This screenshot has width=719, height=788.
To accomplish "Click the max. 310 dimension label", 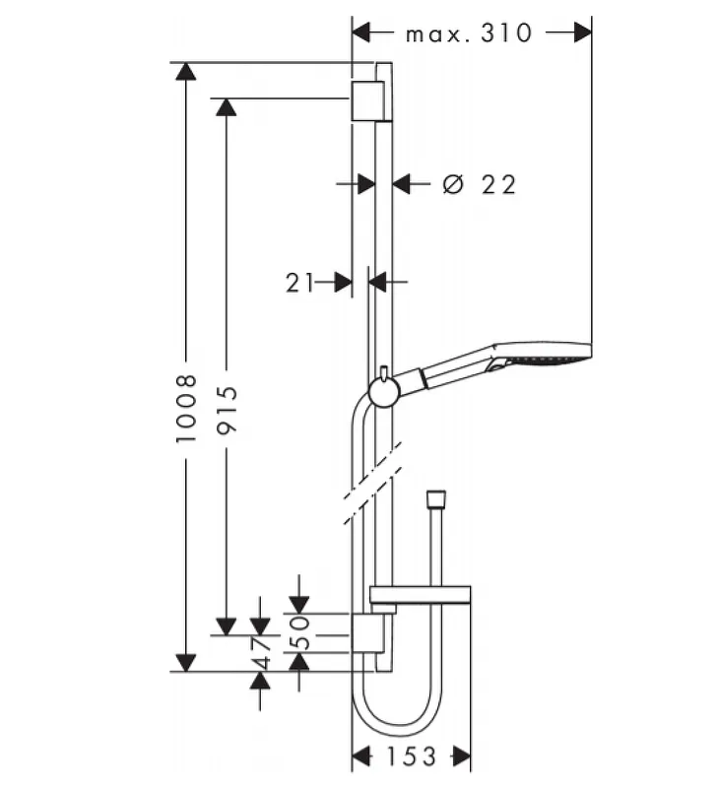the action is pos(468,33).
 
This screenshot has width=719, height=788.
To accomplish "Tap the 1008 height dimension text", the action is pos(186,408).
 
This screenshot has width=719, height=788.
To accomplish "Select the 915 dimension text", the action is pos(227,410).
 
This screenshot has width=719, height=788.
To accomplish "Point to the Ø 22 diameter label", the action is pos(480,184).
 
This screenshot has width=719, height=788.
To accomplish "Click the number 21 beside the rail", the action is pos(300,283).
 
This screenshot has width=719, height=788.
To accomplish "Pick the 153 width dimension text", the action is pos(411,756).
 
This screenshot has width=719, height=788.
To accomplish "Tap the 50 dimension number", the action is pos(299,632).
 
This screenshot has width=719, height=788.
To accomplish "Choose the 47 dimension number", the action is pos(261,653).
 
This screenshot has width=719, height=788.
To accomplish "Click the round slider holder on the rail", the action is pos(384,391).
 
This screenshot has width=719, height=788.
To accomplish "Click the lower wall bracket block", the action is pos(367,633).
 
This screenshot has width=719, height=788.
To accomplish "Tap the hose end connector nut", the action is pos(435,498).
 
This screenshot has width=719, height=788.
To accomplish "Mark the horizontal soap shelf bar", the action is pos(420,595).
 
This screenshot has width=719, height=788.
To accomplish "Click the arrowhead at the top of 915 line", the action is pos(227,107).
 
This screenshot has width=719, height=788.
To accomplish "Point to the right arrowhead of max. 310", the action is pos(583,33).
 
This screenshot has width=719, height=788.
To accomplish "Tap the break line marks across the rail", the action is pos(373,483).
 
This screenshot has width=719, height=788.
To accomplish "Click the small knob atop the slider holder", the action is pos(384,373).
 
